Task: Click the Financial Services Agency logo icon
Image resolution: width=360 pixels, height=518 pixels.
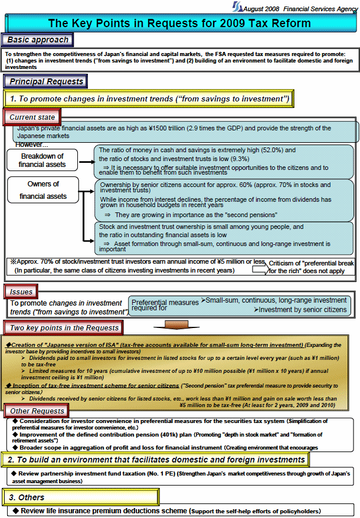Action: click(237, 7)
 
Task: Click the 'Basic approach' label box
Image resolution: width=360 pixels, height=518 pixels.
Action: click(39, 40)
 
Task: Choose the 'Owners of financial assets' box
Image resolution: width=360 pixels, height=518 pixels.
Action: click(43, 190)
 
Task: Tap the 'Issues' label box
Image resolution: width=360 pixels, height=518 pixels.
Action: click(21, 291)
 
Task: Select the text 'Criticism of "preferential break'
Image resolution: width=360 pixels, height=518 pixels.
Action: click(310, 263)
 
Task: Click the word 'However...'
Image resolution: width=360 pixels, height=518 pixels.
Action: click(32, 144)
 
